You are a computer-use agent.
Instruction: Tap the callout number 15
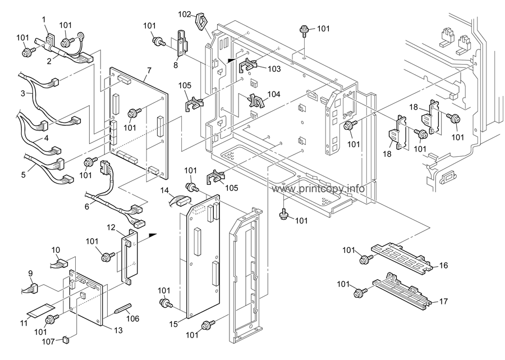click(x=173, y=324)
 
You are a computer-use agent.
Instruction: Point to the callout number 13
click(x=118, y=330)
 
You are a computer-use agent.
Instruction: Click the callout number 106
click(x=132, y=319)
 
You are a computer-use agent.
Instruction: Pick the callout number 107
click(x=49, y=340)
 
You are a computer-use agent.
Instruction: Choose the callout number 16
click(x=443, y=265)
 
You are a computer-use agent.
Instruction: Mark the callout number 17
click(x=443, y=302)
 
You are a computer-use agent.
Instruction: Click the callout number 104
click(x=274, y=94)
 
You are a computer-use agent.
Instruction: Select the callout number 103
click(x=274, y=69)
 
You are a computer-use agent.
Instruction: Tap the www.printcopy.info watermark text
click(x=318, y=189)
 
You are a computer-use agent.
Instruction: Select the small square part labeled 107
click(x=66, y=339)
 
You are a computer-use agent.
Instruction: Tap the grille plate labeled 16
click(x=401, y=257)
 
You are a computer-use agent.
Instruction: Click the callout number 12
click(x=111, y=227)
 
